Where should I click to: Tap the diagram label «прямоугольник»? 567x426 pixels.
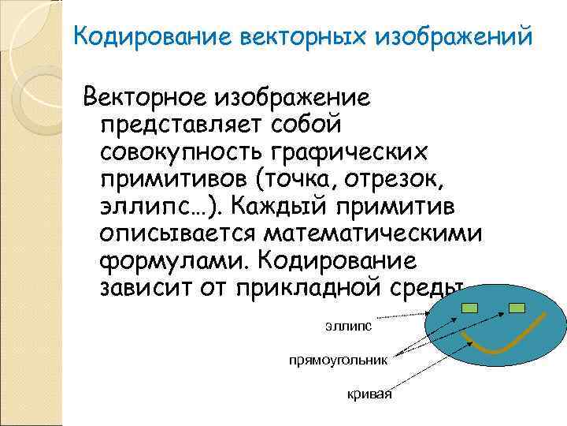[x=338, y=360]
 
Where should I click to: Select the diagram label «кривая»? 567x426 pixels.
[x=369, y=394]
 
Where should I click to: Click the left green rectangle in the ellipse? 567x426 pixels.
[x=470, y=308]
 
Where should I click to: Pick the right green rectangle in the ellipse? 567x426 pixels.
[x=517, y=308]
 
